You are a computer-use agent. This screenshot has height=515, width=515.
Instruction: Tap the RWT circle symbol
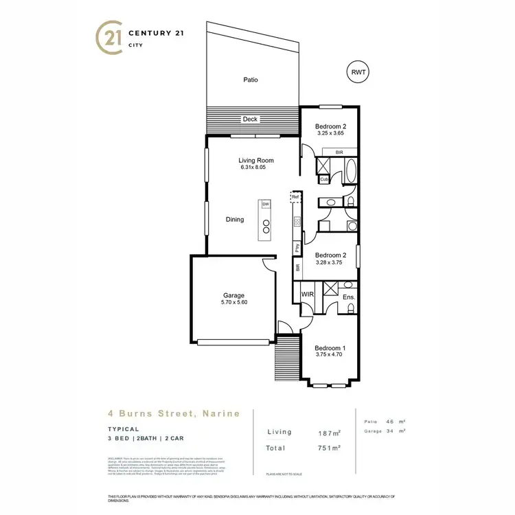pos(358,71)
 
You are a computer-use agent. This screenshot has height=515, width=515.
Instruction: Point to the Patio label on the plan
pos(251,80)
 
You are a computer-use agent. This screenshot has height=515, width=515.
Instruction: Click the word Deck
pos(250,119)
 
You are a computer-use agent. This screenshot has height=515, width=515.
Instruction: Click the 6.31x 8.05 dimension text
pos(253,168)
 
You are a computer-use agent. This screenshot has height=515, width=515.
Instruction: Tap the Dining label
pos(235,220)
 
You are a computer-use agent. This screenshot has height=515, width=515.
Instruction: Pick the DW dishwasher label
pos(264,204)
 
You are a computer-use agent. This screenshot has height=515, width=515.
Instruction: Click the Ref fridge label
pos(295,197)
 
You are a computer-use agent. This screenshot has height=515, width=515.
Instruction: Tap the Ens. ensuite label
pos(347,297)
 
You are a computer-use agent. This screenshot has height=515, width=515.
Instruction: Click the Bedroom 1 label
pos(330,348)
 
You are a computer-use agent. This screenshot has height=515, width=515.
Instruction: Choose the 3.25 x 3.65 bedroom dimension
pos(330,135)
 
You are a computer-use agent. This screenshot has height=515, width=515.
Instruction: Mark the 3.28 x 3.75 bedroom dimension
pos(328,262)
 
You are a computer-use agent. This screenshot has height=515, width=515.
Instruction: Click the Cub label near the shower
pos(324,180)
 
